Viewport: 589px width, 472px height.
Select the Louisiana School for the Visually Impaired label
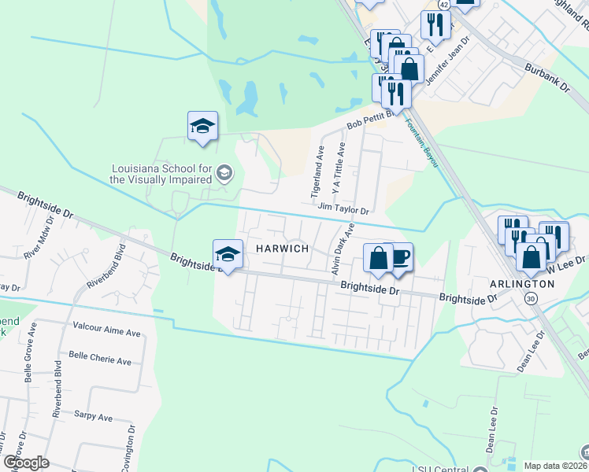(x=161, y=174)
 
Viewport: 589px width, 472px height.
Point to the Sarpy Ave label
(x=93, y=417)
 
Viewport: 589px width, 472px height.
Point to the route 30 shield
(x=531, y=299)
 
